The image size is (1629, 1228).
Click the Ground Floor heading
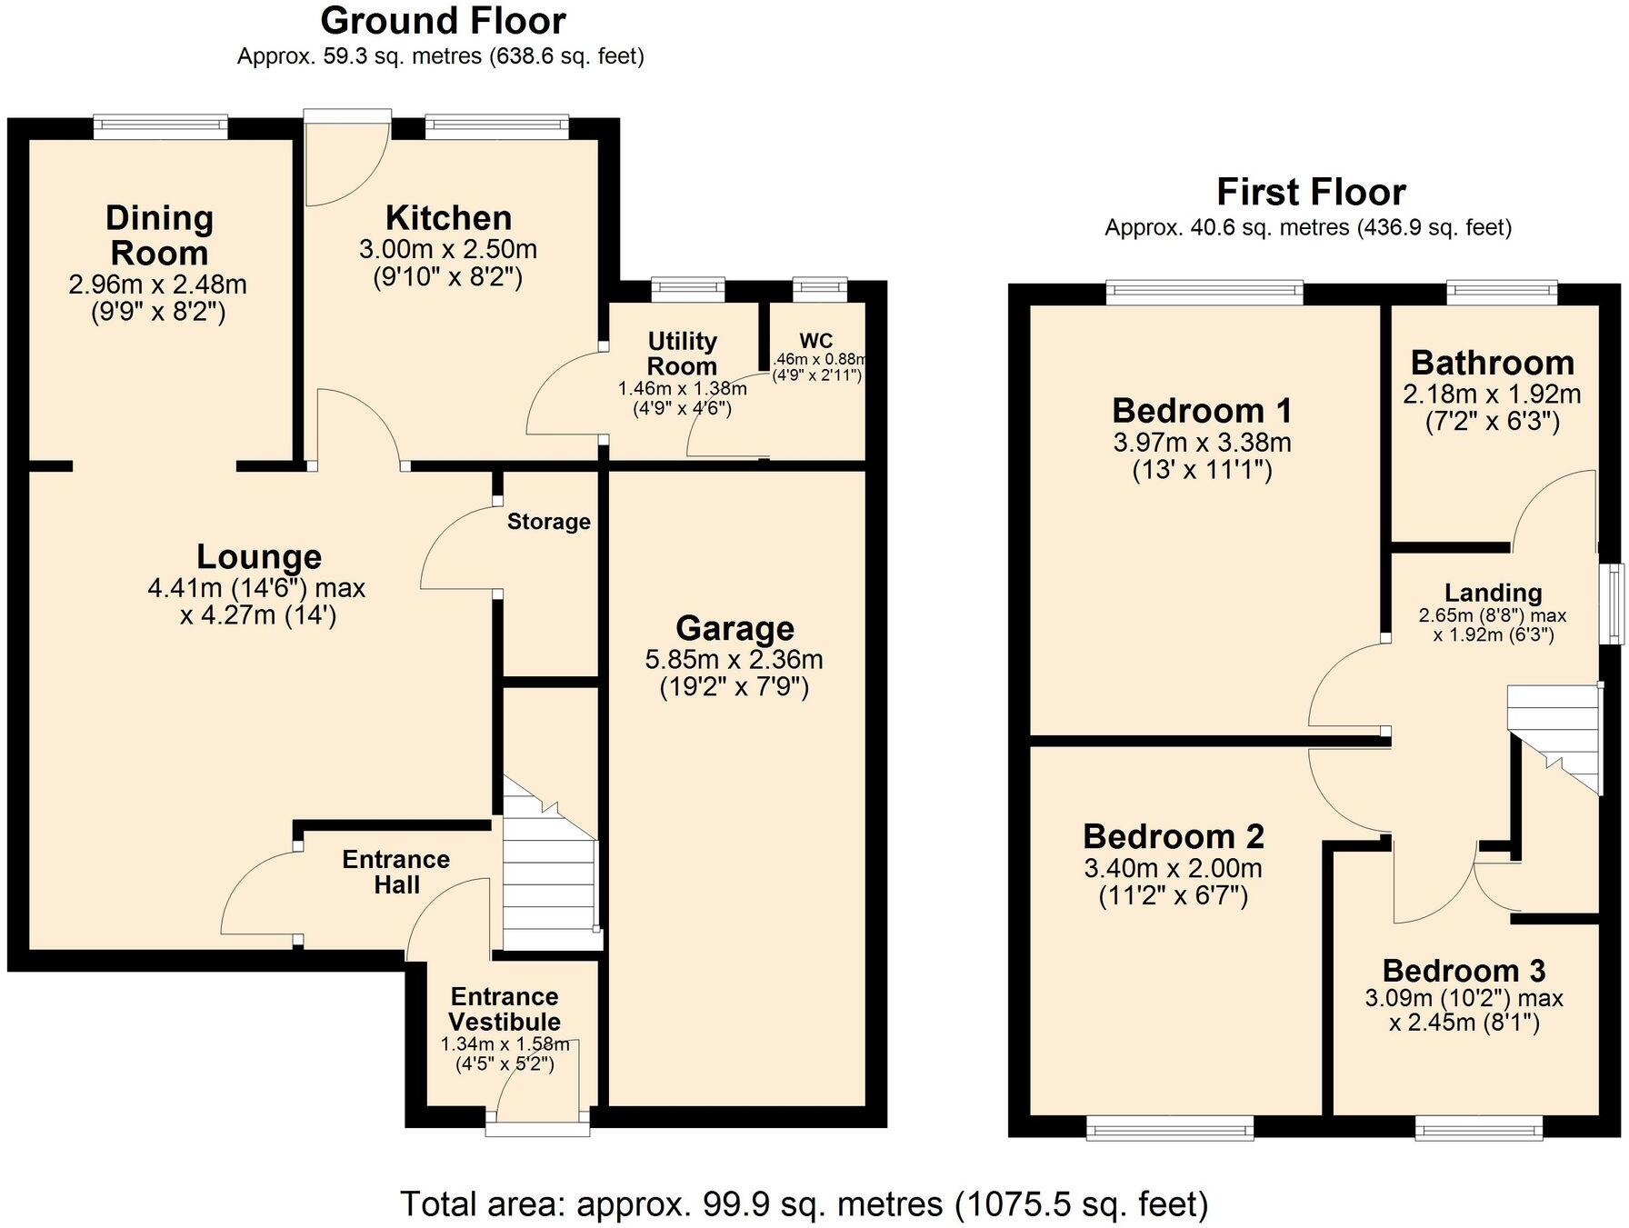click(443, 20)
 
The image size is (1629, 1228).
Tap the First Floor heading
click(1310, 192)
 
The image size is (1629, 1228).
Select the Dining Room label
click(159, 235)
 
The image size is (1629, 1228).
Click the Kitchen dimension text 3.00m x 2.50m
click(448, 249)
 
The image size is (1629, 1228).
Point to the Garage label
click(735, 628)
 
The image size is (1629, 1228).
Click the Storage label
click(548, 522)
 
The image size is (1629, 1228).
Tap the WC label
click(815, 341)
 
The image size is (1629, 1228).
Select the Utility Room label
click(682, 354)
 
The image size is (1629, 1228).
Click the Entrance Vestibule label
click(504, 1009)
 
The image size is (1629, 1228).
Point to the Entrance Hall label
click(395, 872)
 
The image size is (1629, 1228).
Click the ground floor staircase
click(548, 873)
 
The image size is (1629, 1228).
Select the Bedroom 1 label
click(1201, 411)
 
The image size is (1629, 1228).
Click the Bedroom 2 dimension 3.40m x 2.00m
click(1173, 868)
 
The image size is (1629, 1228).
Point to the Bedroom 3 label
click(1464, 971)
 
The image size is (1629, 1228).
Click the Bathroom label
click(1492, 363)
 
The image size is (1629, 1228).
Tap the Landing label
click(1493, 593)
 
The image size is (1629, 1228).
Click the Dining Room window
click(160, 127)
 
